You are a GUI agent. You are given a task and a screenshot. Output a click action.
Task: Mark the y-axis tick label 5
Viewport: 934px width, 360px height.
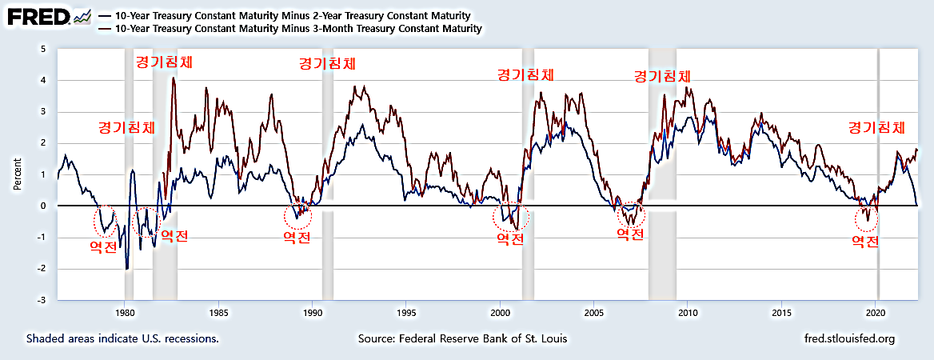click(x=45, y=50)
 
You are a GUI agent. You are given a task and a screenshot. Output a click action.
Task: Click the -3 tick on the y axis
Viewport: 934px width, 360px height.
click(x=43, y=300)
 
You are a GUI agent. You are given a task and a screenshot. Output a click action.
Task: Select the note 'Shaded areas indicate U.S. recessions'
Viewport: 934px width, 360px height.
click(x=122, y=338)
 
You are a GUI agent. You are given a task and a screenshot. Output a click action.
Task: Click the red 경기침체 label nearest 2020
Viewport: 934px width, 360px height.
click(x=876, y=127)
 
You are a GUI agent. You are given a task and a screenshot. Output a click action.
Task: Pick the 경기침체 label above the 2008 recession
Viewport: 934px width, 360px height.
click(x=662, y=77)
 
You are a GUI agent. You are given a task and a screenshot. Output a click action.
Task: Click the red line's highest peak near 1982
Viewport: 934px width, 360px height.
click(x=174, y=79)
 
